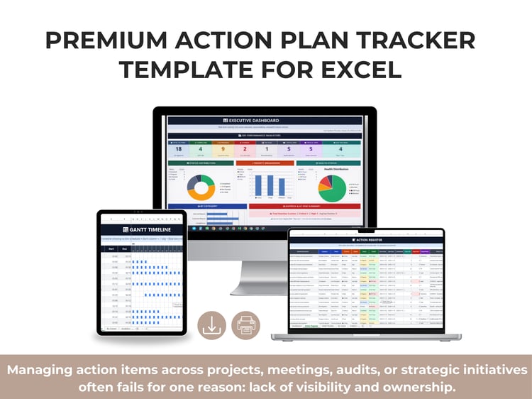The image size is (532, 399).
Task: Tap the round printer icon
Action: tap(247, 325)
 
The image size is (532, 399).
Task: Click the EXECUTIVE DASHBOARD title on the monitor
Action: tap(264, 121)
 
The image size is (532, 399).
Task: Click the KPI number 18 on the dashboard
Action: tap(178, 149)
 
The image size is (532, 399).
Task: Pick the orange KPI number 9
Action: tap(222, 149)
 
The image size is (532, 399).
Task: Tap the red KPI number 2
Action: tap(245, 149)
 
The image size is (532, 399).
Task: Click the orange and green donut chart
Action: tap(201, 187)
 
